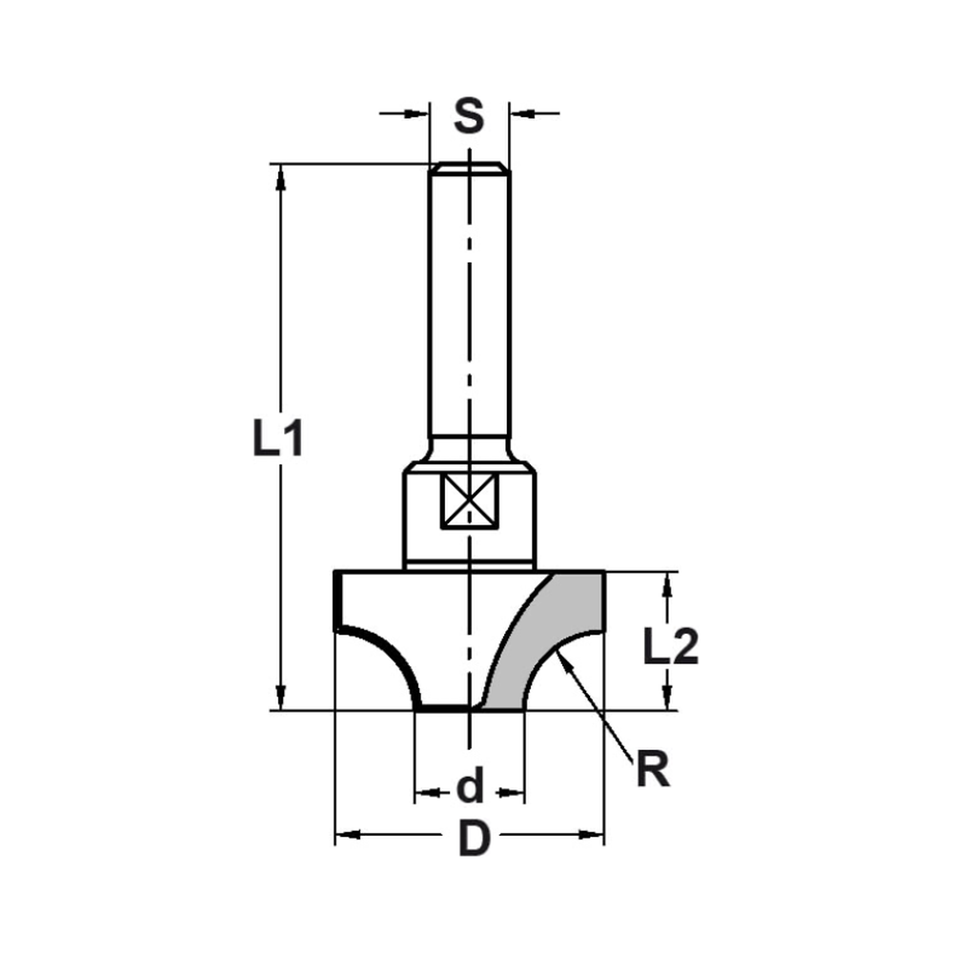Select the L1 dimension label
point(277,439)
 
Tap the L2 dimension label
point(670,649)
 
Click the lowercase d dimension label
point(470,789)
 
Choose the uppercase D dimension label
point(471,839)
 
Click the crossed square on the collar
point(468,501)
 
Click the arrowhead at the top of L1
point(280,175)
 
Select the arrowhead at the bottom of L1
point(280,699)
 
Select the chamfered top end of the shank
point(468,170)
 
